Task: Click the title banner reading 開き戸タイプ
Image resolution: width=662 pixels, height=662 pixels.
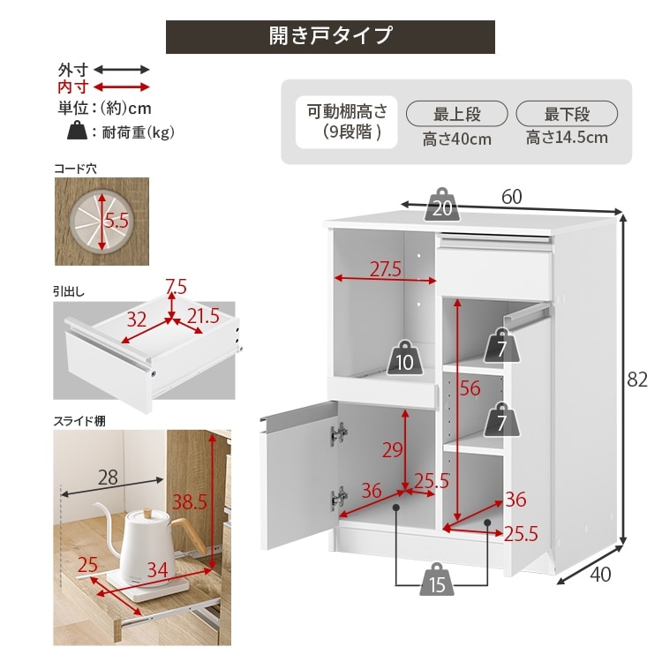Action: pyautogui.click(x=330, y=37)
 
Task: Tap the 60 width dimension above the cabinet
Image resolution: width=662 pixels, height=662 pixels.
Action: pyautogui.click(x=512, y=197)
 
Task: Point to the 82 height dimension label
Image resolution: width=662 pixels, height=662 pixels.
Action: pyautogui.click(x=637, y=380)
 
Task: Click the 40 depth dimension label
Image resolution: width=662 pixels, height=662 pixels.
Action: pyautogui.click(x=600, y=575)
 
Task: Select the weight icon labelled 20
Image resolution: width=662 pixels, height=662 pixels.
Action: pyautogui.click(x=442, y=205)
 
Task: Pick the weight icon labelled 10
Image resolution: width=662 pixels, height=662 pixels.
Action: pyautogui.click(x=405, y=358)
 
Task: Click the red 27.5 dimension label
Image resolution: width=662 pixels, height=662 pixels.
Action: pyautogui.click(x=386, y=269)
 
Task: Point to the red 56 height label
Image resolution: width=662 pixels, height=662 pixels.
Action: pyautogui.click(x=470, y=388)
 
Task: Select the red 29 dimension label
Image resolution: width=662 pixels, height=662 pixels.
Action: pyautogui.click(x=392, y=450)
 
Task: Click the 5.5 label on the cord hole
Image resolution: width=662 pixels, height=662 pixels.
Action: pyautogui.click(x=117, y=221)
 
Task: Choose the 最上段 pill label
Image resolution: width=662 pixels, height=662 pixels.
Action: pyautogui.click(x=457, y=114)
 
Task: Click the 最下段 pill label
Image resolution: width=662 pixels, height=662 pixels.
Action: pyautogui.click(x=567, y=114)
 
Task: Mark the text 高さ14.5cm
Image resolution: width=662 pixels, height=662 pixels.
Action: pyautogui.click(x=567, y=138)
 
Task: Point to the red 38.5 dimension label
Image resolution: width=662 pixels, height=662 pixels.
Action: pyautogui.click(x=190, y=502)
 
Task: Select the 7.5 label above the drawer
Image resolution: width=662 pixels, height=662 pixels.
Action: pyautogui.click(x=176, y=287)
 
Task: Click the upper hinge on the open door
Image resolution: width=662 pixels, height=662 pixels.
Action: pyautogui.click(x=339, y=433)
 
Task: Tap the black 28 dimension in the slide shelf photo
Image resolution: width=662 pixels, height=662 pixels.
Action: pyautogui.click(x=108, y=478)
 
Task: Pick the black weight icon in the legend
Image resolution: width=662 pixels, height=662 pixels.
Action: pyautogui.click(x=78, y=130)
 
